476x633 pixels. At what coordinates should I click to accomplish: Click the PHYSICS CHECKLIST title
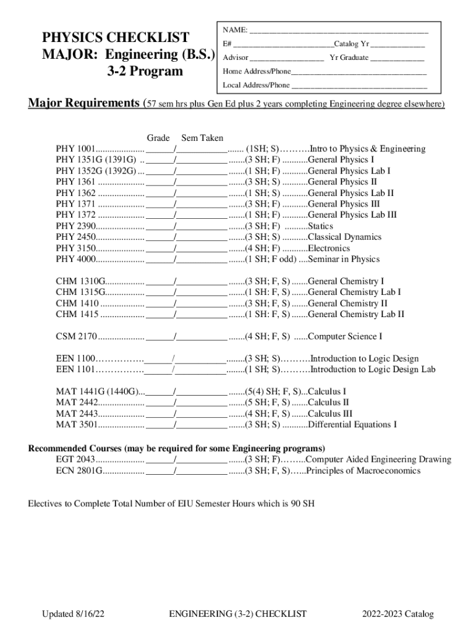pos(115,37)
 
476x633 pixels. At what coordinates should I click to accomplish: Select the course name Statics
pos(320,226)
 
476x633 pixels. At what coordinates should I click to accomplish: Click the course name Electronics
pos(329,249)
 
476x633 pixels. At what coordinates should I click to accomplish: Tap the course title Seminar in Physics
pos(344,260)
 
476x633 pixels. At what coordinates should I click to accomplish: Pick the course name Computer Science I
pos(345,337)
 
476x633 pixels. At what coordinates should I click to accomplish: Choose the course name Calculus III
pos(330,414)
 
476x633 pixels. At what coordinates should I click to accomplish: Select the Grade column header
pos(158,138)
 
